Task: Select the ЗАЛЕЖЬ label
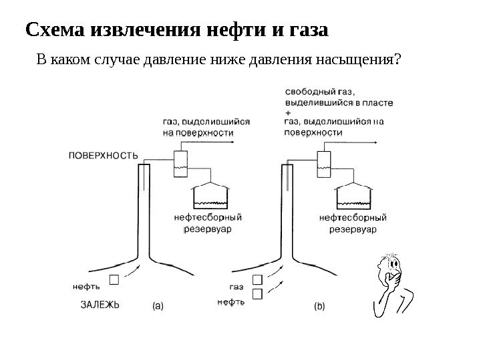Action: point(100,306)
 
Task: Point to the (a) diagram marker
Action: point(158,306)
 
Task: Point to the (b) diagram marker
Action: point(319,306)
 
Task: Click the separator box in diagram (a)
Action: point(180,163)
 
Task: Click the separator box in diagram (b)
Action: point(324,162)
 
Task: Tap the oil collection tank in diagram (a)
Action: point(211,197)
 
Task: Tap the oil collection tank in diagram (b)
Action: point(353,197)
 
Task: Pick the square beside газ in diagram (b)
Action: point(257,281)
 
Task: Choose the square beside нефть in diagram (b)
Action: point(257,293)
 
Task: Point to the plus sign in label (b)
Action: point(288,114)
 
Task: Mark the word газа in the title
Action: point(307,31)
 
